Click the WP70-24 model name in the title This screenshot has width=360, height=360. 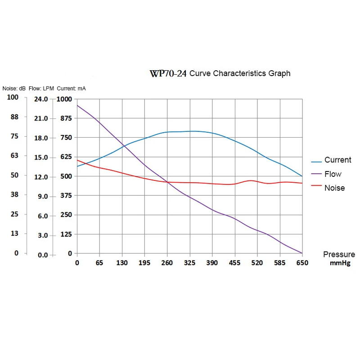click(x=168, y=74)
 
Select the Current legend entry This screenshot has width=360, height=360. click(x=337, y=160)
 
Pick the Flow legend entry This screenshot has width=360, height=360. click(x=333, y=174)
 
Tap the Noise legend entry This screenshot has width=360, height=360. click(x=334, y=188)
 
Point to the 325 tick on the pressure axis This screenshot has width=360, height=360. click(x=190, y=263)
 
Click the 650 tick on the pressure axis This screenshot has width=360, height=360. click(x=302, y=263)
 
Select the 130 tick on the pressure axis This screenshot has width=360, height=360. click(x=122, y=263)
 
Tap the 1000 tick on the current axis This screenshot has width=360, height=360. click(x=63, y=99)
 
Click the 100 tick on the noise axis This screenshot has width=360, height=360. click(x=13, y=97)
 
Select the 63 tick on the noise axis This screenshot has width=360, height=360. click(x=14, y=156)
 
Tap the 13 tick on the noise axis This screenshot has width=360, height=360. click(x=14, y=233)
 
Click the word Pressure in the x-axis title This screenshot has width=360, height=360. click(x=339, y=255)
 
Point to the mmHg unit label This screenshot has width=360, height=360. click(x=340, y=263)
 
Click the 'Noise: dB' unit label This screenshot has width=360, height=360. click(x=14, y=89)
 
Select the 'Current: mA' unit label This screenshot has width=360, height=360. click(x=71, y=89)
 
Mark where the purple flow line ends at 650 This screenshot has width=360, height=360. click(x=301, y=253)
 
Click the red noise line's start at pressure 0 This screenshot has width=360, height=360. click(x=77, y=160)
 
